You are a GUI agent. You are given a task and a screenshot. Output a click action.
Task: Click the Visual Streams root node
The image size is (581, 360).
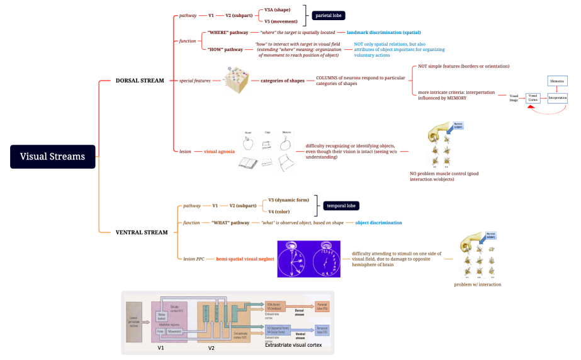pos(52,157)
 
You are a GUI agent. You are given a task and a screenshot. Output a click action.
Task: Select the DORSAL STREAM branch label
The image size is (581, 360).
pos(140,81)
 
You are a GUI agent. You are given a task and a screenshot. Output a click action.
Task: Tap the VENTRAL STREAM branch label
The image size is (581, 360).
pos(142,232)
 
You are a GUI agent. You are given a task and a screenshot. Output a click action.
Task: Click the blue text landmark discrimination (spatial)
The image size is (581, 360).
pos(383,32)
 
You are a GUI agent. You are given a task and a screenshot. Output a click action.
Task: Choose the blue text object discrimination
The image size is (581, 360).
pos(378,223)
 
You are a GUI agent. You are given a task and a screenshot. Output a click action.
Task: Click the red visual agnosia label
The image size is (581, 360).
pos(220,152)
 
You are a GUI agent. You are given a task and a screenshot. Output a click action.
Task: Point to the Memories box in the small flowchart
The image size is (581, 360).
pos(558,81)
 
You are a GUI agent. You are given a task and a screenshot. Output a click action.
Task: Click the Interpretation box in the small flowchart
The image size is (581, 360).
pos(558,98)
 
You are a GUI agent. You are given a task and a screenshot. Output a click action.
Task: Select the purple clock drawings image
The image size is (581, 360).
pos(308,259)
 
